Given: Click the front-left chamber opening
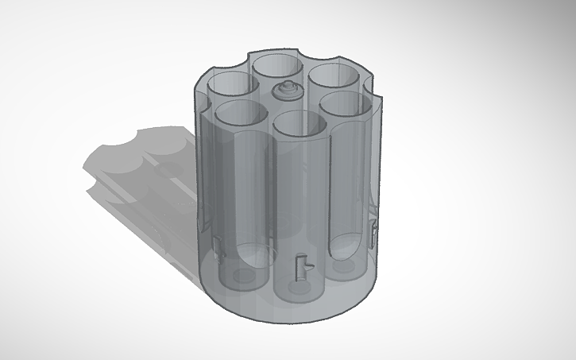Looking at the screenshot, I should pos(241,113).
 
